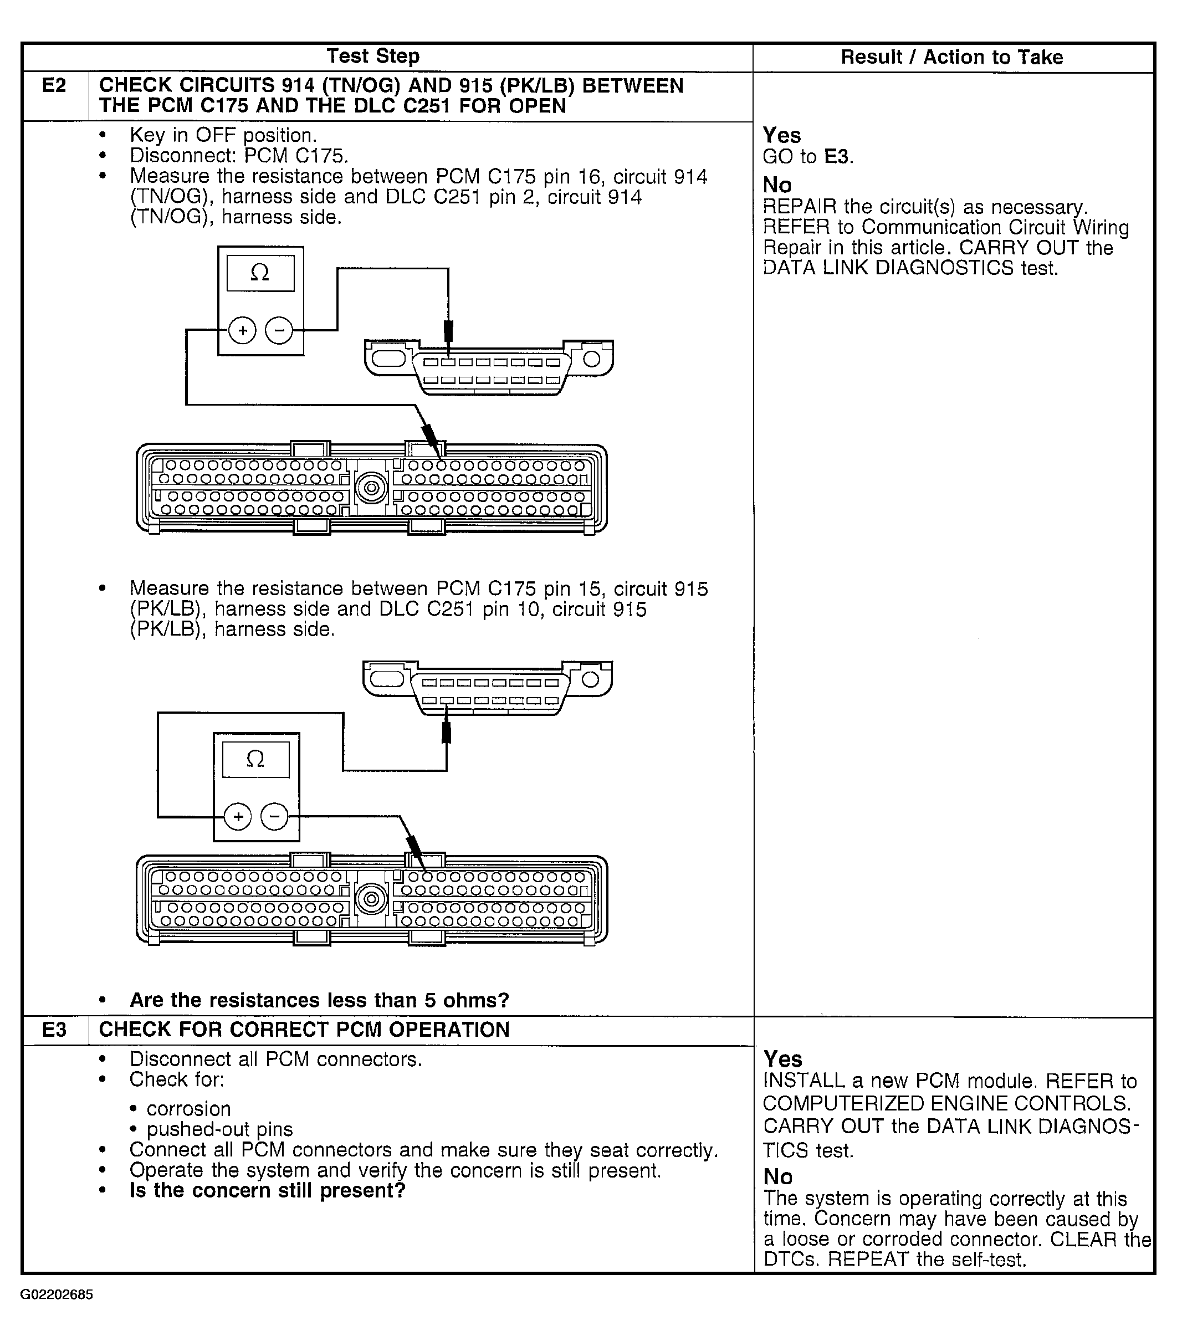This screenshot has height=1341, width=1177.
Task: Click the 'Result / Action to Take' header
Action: click(951, 57)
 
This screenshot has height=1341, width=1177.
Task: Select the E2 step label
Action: click(54, 85)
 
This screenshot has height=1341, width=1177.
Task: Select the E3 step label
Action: click(54, 1030)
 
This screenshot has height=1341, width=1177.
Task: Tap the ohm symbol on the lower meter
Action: click(255, 759)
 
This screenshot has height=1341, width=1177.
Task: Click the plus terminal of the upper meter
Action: click(242, 330)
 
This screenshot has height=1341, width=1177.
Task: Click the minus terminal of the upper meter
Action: click(279, 330)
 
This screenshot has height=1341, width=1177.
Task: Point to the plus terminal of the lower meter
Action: click(238, 817)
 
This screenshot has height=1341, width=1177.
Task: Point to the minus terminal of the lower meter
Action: click(274, 817)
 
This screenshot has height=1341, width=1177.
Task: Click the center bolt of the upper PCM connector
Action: click(371, 488)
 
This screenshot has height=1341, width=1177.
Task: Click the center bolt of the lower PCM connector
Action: click(371, 898)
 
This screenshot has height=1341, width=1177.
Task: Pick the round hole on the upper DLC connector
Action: click(592, 358)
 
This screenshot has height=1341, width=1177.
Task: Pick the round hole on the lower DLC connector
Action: click(590, 679)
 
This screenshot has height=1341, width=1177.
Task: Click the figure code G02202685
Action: click(57, 1294)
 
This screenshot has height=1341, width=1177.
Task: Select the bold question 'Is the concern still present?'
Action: click(267, 1190)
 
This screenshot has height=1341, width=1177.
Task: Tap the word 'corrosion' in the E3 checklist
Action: click(188, 1109)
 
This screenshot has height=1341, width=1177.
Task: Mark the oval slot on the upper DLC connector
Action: click(388, 358)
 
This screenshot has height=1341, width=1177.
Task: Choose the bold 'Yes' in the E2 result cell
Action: click(781, 135)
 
